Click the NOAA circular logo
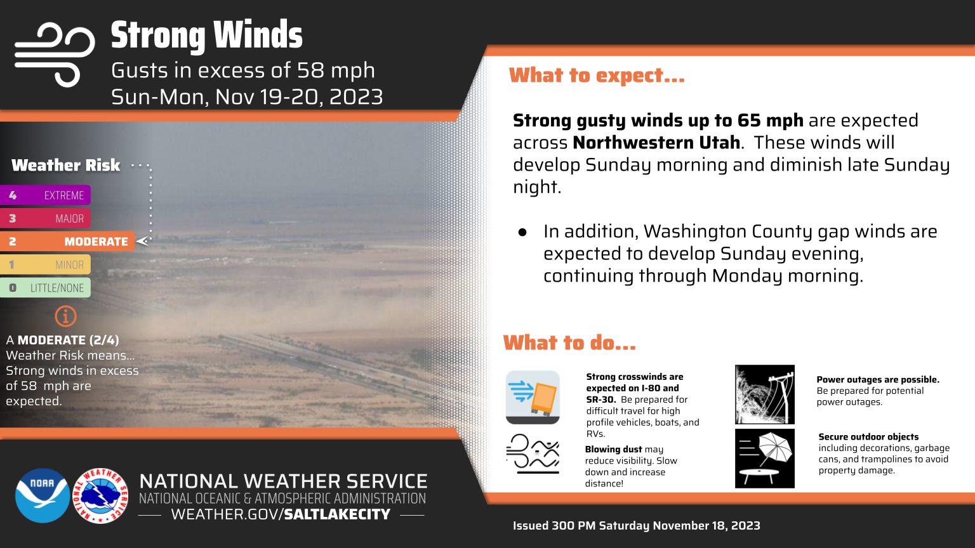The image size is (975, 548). [x=43, y=495]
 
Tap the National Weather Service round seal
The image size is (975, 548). [x=100, y=496]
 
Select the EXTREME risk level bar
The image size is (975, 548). [x=45, y=195]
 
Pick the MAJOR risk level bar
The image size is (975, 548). [x=45, y=218]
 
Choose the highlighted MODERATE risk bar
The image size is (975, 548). [x=67, y=242]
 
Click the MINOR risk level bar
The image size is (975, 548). [x=45, y=264]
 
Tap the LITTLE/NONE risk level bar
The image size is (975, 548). [x=45, y=287]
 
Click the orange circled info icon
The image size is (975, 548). [x=66, y=316]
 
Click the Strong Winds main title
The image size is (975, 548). [x=207, y=36]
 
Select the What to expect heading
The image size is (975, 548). [x=597, y=75]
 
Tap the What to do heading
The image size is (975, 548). [x=569, y=342]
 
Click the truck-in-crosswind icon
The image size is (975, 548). [x=533, y=397]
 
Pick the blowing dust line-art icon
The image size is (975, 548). [x=533, y=454]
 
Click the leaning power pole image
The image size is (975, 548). [x=765, y=395]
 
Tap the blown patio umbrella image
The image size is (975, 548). [x=765, y=459]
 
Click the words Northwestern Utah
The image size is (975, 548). [x=656, y=143]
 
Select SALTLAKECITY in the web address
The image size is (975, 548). [x=337, y=514]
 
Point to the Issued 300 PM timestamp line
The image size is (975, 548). [x=637, y=525]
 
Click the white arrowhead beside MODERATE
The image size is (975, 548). [x=142, y=241]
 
